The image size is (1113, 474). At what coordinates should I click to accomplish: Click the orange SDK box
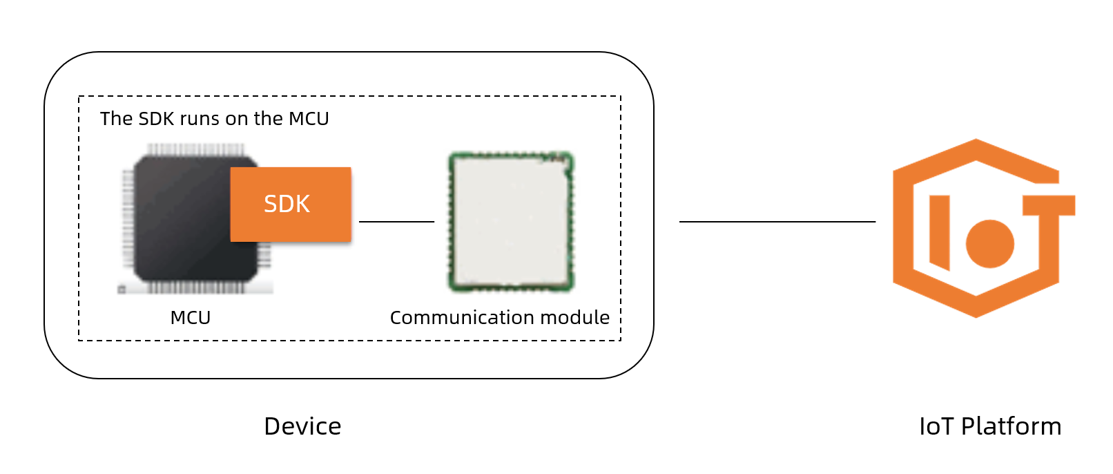[x=291, y=205]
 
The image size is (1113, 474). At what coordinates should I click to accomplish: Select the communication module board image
[x=511, y=221]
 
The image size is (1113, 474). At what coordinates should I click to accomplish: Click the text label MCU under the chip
[x=191, y=318]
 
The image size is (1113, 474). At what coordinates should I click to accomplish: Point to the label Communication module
[x=499, y=318]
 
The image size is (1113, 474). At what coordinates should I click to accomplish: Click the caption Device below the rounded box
[x=302, y=426]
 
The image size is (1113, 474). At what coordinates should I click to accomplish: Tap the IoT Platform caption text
[x=989, y=426]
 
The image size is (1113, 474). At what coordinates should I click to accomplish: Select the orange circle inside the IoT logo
[x=989, y=243]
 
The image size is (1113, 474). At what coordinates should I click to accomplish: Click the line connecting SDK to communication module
[x=396, y=222]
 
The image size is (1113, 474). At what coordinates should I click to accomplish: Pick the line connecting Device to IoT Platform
[x=777, y=222]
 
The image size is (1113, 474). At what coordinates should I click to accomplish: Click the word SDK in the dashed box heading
[x=156, y=119]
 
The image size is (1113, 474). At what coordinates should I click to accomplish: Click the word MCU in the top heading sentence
[x=309, y=119]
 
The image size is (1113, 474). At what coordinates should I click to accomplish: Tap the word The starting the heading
[x=116, y=119]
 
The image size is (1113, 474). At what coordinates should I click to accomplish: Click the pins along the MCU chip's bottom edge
[x=195, y=287]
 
